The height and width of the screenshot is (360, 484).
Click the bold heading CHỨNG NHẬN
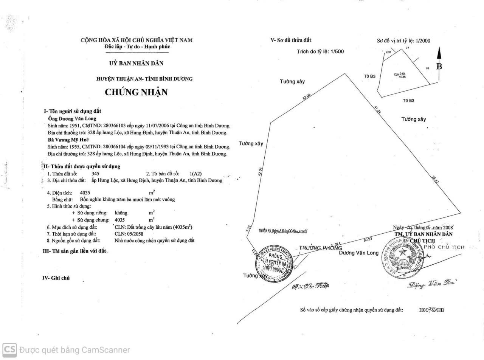[136, 92]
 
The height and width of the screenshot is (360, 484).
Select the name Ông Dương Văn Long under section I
[72, 118]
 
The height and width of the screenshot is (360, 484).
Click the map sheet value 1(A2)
[196, 174]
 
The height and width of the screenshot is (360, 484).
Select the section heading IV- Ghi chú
[56, 278]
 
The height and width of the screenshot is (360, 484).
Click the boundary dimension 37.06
[306, 97]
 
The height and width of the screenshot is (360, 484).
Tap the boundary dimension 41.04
[377, 110]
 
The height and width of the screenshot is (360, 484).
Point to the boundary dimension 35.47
[435, 179]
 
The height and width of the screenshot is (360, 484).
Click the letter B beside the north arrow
[439, 67]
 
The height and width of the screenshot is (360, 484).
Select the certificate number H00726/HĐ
[431, 310]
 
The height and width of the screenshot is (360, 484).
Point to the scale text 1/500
[337, 52]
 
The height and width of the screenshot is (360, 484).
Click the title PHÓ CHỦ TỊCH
[444, 247]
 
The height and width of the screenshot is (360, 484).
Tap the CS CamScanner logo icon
[9, 350]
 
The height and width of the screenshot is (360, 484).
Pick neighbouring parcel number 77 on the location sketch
[408, 48]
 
